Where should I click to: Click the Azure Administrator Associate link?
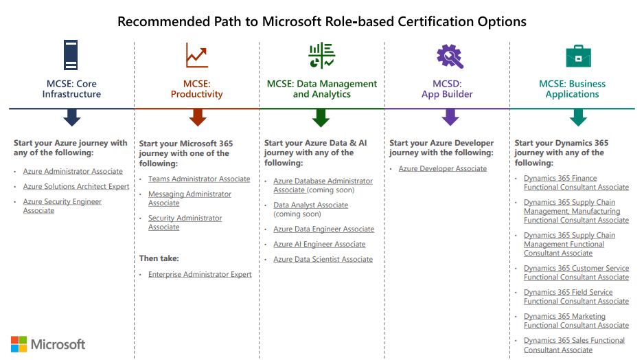[x=73, y=172]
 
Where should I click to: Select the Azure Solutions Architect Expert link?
[x=76, y=187]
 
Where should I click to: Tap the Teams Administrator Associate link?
[x=199, y=179]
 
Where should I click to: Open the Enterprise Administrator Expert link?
[x=200, y=275]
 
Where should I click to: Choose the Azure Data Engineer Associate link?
[x=324, y=229]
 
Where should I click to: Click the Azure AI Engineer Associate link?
[x=319, y=245]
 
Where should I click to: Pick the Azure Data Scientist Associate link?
[x=323, y=260]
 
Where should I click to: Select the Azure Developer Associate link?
[x=443, y=169]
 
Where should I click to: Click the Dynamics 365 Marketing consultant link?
[x=576, y=321]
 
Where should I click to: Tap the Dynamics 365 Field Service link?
[x=576, y=297]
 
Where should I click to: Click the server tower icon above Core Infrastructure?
[x=71, y=55]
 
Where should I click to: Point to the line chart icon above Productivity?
[x=196, y=55]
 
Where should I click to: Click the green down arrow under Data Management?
[x=321, y=118]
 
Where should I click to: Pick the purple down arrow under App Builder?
[x=450, y=118]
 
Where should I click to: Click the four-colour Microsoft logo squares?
[x=19, y=344]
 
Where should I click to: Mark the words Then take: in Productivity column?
[x=159, y=259]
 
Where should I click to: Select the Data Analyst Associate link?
[x=310, y=205]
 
